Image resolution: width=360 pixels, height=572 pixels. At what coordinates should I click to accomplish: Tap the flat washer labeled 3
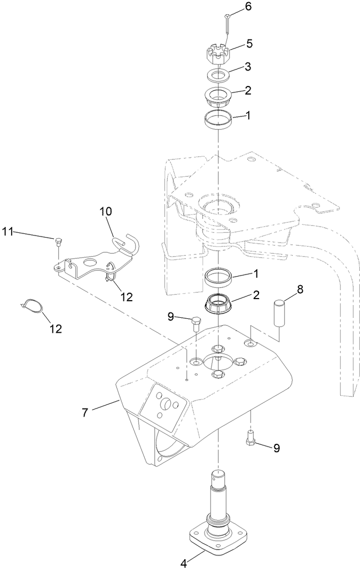(x=218, y=73)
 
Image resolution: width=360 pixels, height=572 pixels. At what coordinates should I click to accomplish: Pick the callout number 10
(x=105, y=211)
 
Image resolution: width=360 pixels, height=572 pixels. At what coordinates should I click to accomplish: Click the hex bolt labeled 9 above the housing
(x=195, y=323)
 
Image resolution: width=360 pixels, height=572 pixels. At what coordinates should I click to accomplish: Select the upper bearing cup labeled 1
(x=217, y=119)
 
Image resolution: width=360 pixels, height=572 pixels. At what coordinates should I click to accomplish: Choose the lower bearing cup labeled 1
(x=218, y=278)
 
